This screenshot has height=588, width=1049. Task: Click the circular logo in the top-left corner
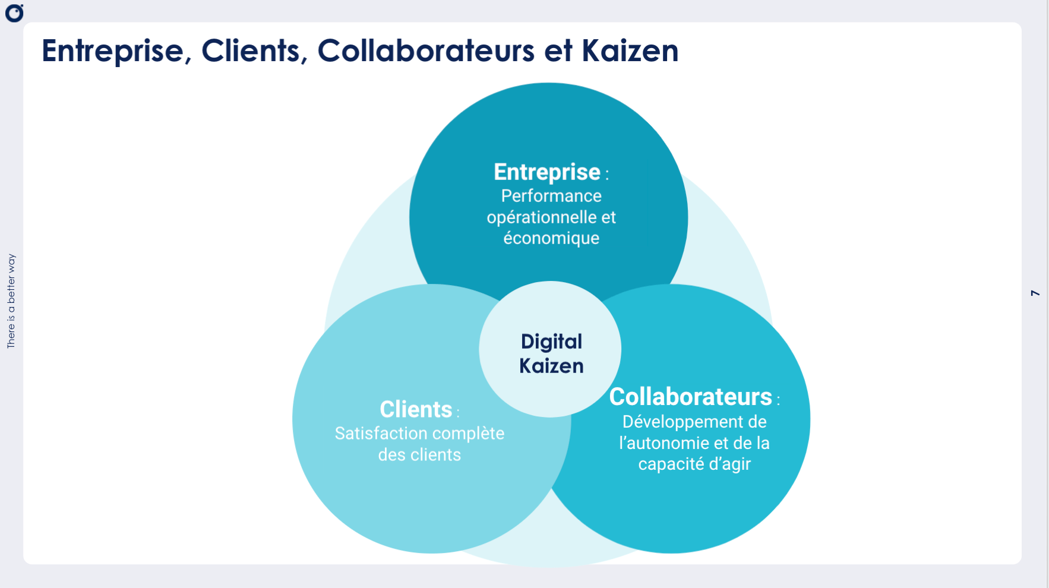(14, 13)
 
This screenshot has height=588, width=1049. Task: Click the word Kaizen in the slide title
(630, 51)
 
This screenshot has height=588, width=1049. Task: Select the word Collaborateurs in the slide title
(426, 51)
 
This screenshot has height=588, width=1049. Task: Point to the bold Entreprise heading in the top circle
(547, 172)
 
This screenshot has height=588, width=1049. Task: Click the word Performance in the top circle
(551, 196)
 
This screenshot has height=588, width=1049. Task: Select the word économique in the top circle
(551, 238)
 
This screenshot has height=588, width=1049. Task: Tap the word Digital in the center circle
(551, 342)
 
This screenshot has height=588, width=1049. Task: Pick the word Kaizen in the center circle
(551, 366)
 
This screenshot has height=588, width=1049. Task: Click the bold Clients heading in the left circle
(416, 409)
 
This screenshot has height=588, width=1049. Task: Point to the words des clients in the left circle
(419, 455)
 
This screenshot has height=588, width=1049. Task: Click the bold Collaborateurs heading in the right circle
(690, 397)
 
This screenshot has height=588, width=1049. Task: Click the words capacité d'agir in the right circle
(694, 464)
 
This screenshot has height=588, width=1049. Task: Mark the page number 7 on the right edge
(1035, 293)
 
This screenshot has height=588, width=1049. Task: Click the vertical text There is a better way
(11, 301)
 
